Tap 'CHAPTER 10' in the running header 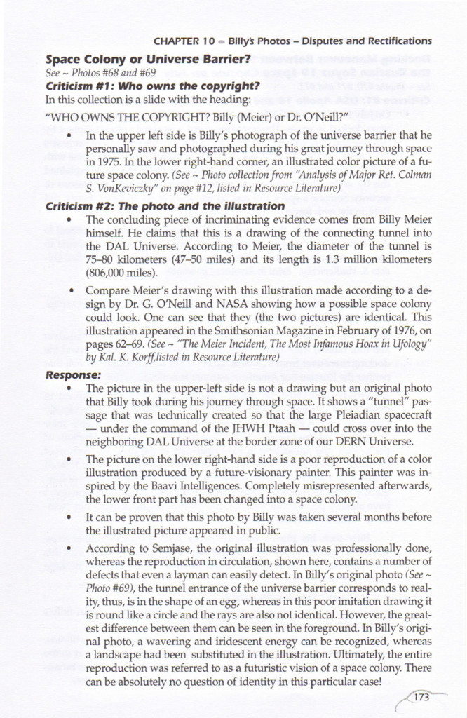pos(184,41)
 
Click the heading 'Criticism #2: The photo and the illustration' pos(165,206)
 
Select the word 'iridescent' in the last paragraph pos(276,637)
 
